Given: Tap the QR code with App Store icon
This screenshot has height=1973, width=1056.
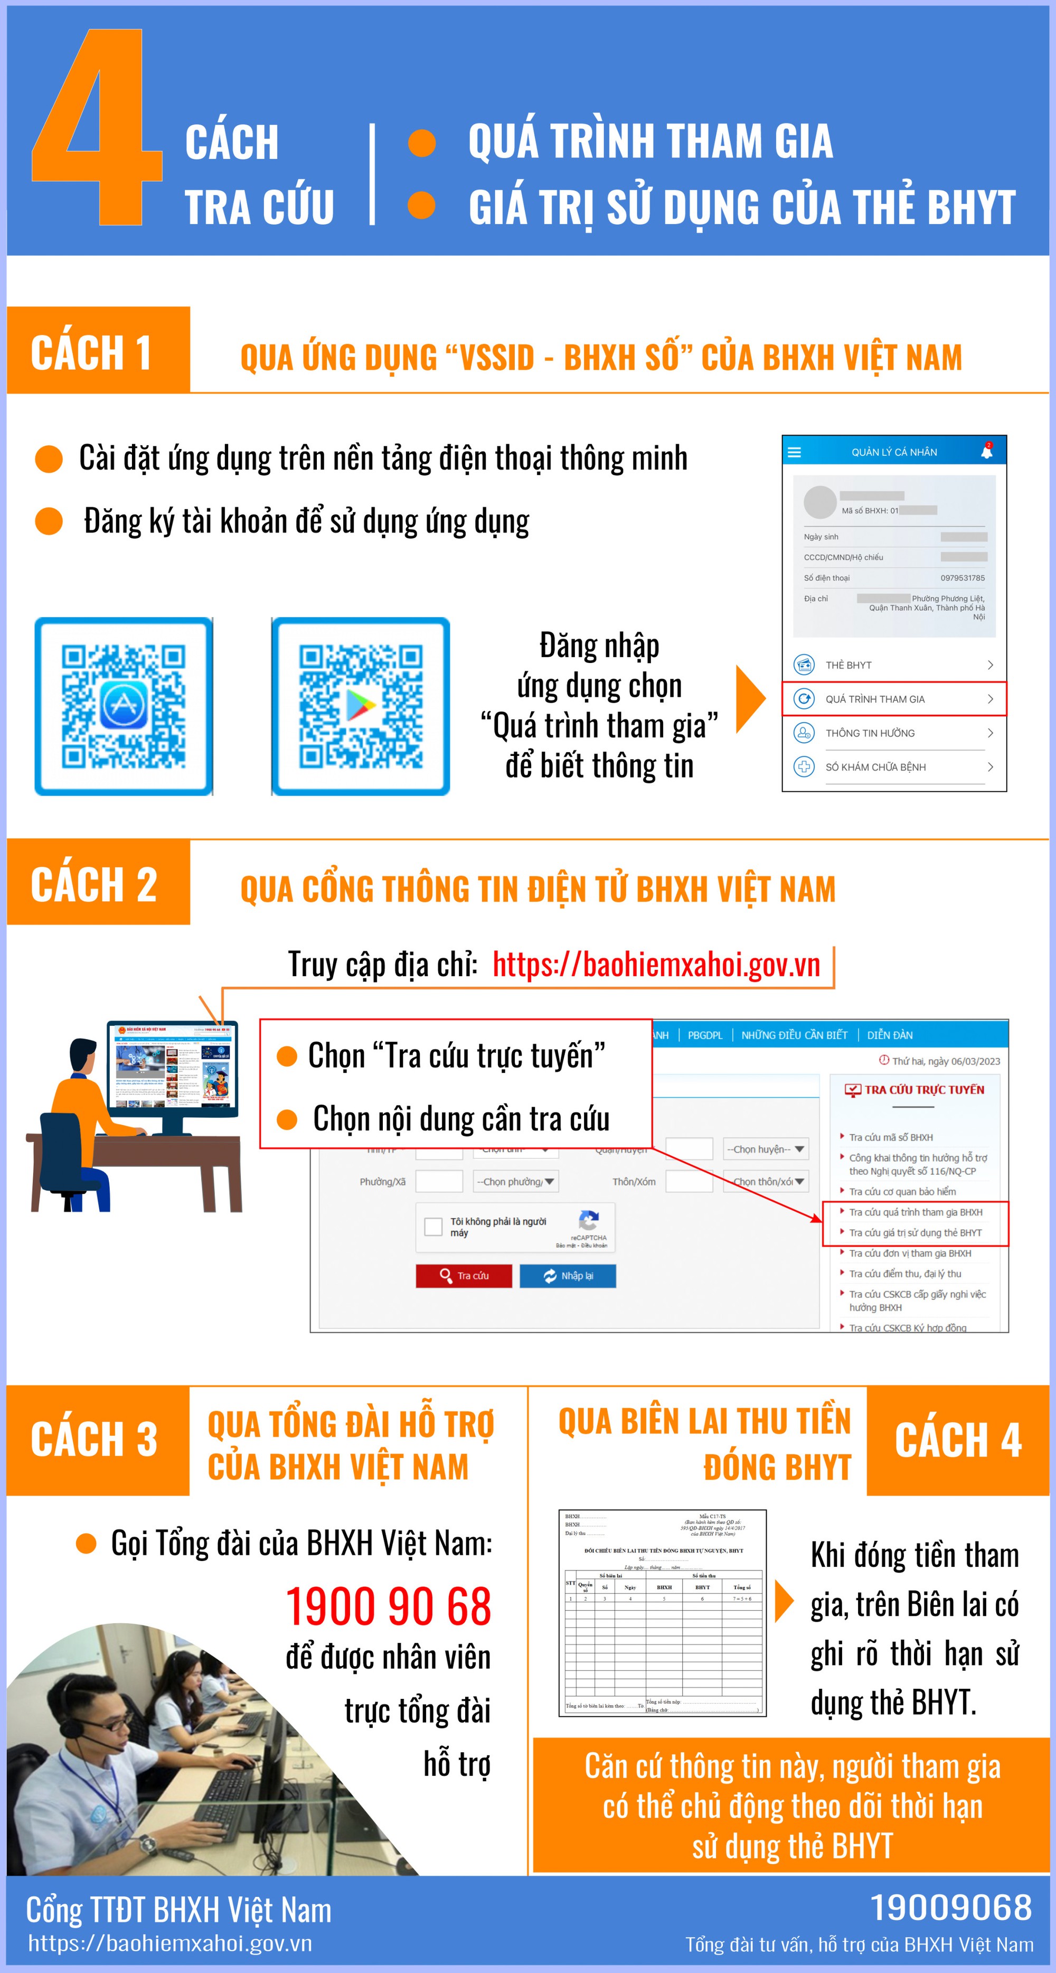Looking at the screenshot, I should [124, 706].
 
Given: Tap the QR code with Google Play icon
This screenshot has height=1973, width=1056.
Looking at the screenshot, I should [361, 706].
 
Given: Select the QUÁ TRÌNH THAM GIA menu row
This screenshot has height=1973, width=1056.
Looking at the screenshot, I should [894, 698].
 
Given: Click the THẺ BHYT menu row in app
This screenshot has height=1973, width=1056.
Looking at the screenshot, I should [894, 665].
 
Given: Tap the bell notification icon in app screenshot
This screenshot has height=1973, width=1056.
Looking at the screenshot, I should [986, 452].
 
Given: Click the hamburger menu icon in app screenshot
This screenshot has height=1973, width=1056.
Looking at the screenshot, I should [794, 452].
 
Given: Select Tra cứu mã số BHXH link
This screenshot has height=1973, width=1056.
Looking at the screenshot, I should [891, 1137].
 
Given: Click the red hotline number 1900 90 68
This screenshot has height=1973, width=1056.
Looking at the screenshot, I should [388, 1607].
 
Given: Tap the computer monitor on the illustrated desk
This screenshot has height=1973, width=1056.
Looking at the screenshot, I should [173, 1068].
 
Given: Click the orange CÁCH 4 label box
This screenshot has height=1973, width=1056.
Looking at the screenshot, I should [957, 1440].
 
